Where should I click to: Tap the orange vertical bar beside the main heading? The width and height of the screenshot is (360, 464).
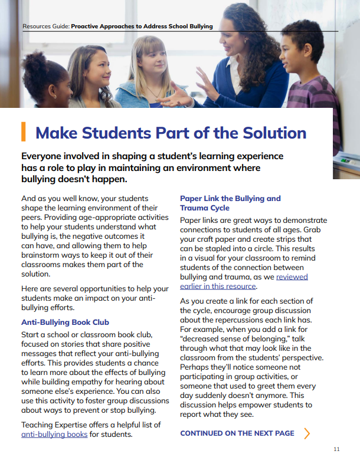pos(23,131)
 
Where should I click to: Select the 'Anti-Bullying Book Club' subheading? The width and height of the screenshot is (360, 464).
pos(65,323)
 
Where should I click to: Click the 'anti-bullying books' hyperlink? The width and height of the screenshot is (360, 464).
pos(54,435)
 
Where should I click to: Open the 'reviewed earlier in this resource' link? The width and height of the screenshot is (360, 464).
pos(243,281)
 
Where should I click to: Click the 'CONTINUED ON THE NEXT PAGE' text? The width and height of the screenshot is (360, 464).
pos(237,433)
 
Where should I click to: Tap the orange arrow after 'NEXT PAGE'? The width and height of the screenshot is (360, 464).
pos(306,433)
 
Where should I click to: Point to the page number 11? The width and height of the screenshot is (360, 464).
pos(336,449)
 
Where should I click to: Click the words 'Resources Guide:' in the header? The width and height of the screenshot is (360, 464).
pos(45,27)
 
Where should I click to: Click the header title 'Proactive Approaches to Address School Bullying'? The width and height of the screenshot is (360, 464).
pos(142,27)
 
